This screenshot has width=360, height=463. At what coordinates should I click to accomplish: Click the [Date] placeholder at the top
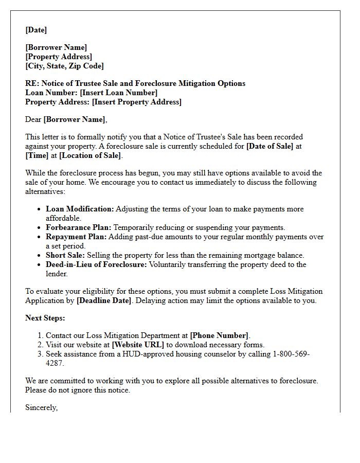[x=36, y=30]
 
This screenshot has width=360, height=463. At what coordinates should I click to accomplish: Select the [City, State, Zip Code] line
[x=64, y=66]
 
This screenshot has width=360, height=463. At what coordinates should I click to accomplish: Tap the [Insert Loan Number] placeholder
[x=119, y=93]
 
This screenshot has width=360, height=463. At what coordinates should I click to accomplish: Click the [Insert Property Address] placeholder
[x=136, y=102]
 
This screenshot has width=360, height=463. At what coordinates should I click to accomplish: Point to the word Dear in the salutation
[x=33, y=119]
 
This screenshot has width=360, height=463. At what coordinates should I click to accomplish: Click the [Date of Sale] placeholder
[x=269, y=146]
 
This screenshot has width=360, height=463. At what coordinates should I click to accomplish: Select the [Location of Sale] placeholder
[x=90, y=155]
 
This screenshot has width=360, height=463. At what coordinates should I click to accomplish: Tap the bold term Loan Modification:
[x=80, y=209]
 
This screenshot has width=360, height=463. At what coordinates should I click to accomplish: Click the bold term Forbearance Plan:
[x=78, y=227]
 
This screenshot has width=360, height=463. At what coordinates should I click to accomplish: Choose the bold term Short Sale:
[x=65, y=255]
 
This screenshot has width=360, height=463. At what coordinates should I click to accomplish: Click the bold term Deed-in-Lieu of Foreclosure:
[x=96, y=264]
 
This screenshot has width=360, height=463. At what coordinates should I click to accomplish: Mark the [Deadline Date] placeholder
[x=104, y=300]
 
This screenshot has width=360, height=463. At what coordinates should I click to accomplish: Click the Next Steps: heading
[x=45, y=318]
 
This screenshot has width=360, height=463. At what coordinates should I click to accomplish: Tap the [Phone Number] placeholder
[x=219, y=335]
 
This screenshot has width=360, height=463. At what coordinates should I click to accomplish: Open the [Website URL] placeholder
[x=138, y=345]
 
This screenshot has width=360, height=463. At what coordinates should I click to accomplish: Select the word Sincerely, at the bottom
[x=42, y=407]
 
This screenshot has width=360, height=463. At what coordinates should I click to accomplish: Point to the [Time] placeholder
[x=36, y=155]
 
